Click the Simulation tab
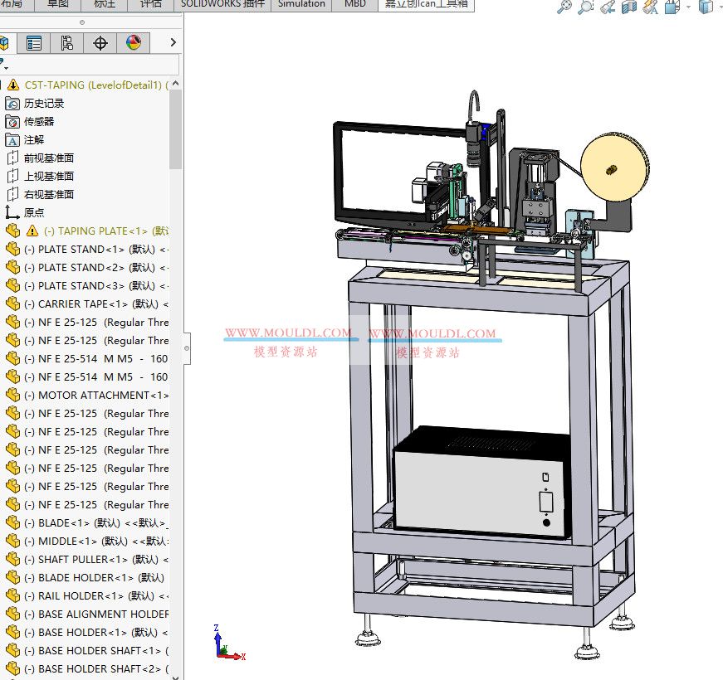click(x=301, y=3)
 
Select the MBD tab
click(x=354, y=3)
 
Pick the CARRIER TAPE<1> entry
click(x=96, y=304)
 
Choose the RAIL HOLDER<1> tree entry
click(x=96, y=595)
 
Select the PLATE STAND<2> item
click(x=96, y=267)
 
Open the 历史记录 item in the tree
click(x=43, y=103)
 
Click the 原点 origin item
click(x=34, y=212)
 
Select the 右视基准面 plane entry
click(x=48, y=194)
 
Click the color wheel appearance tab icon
click(x=134, y=42)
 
